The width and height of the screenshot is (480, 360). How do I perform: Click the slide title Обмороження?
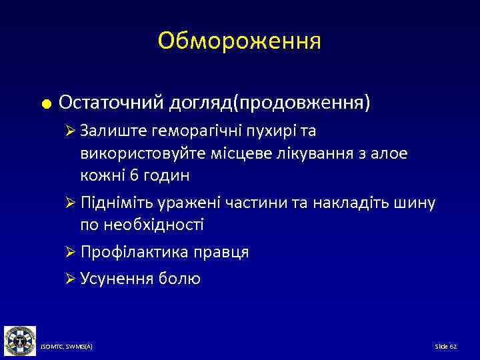pyautogui.click(x=239, y=41)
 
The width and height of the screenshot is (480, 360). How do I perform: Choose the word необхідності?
pyautogui.click(x=152, y=225)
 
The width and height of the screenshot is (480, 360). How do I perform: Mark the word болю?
pyautogui.click(x=179, y=279)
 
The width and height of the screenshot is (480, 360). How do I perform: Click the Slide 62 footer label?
pyautogui.click(x=445, y=347)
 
